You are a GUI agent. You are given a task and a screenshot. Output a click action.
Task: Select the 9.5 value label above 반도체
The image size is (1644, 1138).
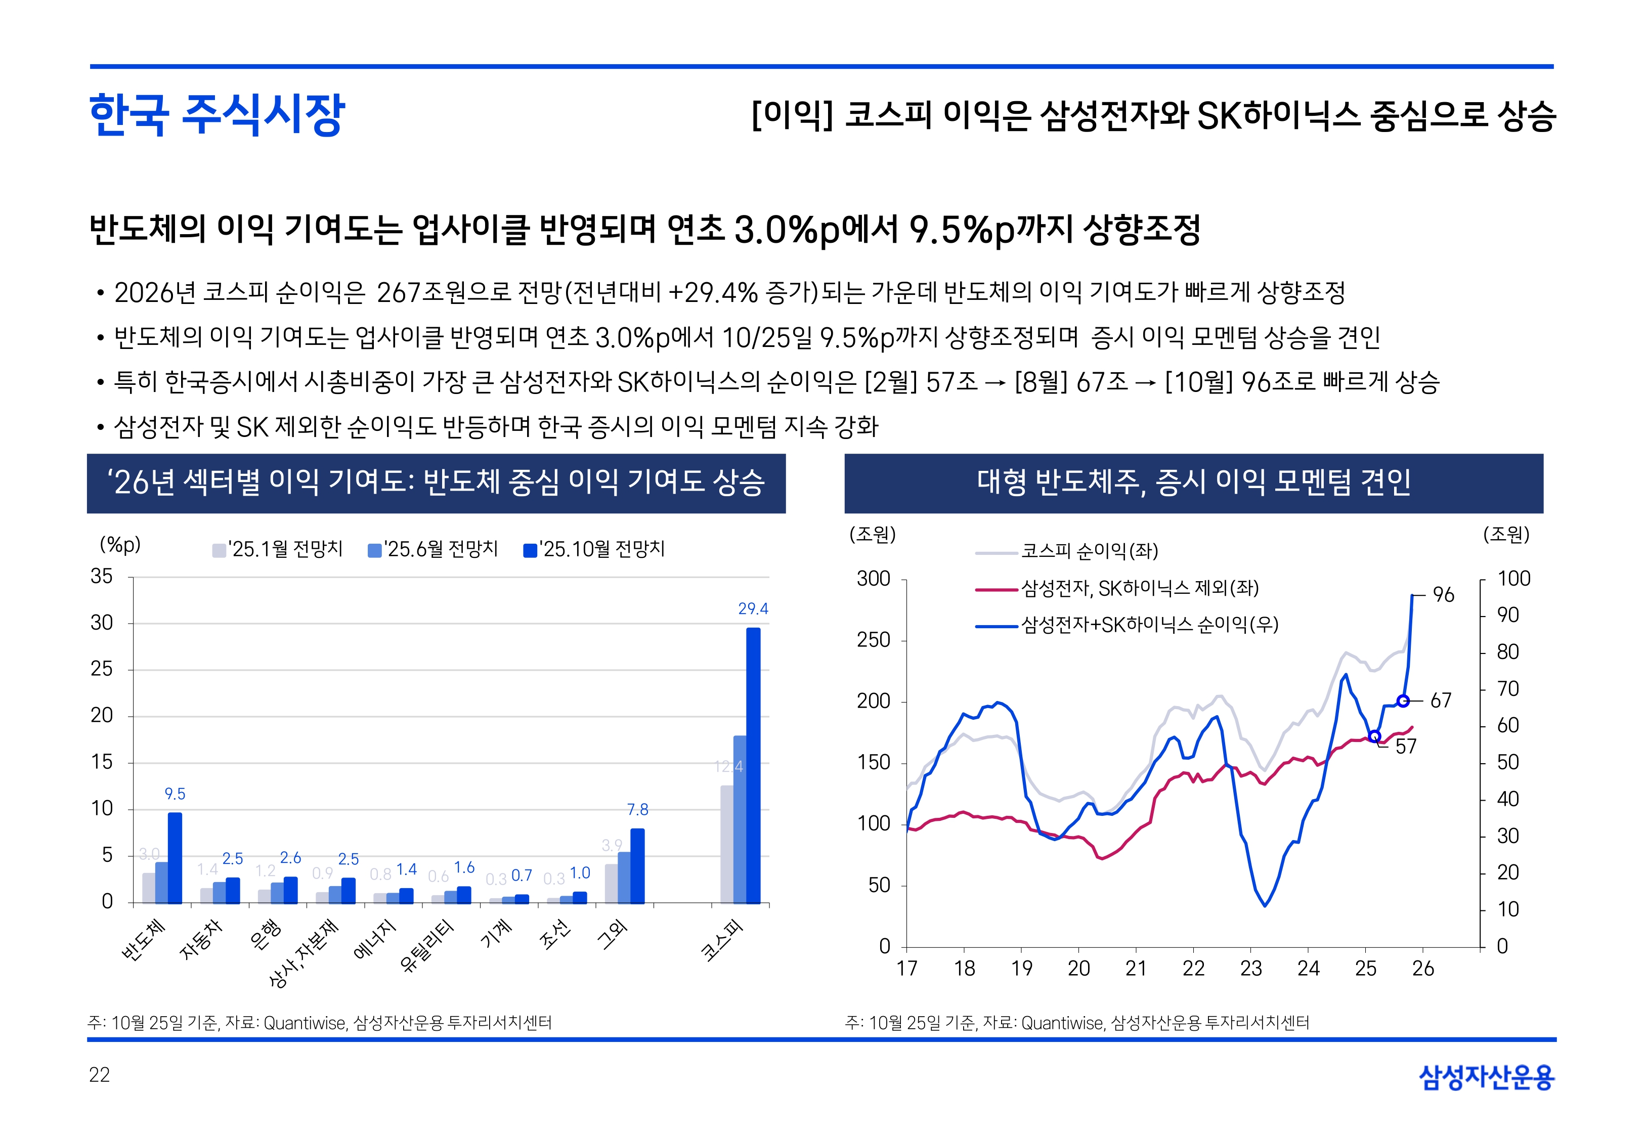click(175, 794)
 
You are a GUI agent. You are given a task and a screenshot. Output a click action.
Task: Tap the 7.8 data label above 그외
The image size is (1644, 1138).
click(637, 809)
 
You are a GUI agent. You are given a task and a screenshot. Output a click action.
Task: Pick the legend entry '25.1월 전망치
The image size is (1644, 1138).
click(278, 549)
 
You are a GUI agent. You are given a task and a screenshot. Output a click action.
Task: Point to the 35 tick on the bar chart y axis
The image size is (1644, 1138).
click(102, 576)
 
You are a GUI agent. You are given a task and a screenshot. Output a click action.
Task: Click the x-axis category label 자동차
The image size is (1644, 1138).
click(202, 939)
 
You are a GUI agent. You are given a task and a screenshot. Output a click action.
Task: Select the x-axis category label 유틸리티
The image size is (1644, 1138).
click(427, 946)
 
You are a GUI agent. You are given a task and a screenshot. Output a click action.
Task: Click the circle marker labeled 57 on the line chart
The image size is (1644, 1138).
click(1374, 736)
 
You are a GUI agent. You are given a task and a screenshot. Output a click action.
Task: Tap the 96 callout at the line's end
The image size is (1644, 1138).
click(1443, 595)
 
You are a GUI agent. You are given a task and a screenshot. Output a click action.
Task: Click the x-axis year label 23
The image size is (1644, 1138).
click(1250, 968)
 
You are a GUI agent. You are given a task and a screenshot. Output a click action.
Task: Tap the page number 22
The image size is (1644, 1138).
click(99, 1075)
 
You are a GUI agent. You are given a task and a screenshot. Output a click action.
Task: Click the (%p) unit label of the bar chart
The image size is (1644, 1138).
click(120, 545)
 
